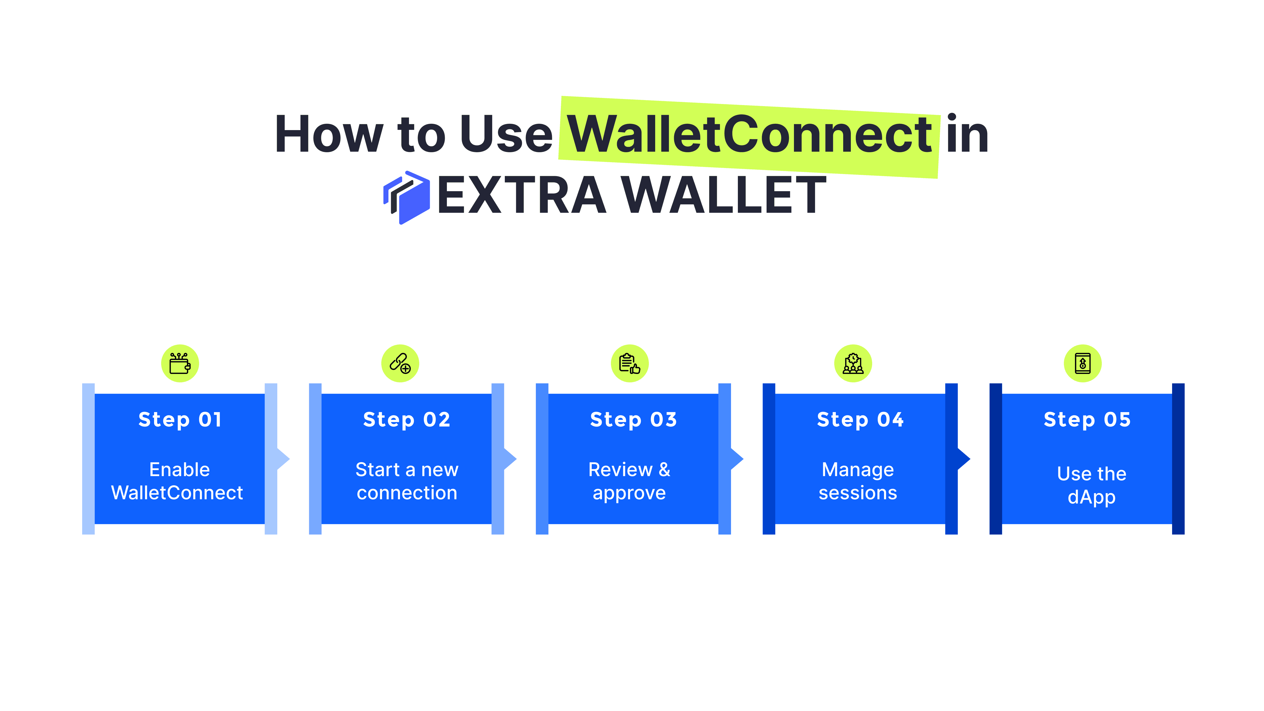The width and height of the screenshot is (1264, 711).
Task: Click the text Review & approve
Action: click(x=629, y=481)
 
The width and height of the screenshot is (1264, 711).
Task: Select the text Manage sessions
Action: click(x=858, y=481)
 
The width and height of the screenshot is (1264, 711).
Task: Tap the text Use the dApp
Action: click(x=1091, y=485)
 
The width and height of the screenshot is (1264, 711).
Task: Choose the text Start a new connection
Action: click(x=407, y=481)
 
